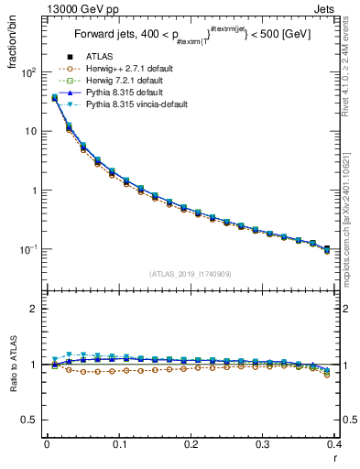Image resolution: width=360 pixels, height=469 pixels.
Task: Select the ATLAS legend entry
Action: [x=100, y=58]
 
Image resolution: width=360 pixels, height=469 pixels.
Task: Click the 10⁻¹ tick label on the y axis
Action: [x=28, y=250]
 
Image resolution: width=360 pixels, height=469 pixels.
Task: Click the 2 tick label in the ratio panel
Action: [x=35, y=309]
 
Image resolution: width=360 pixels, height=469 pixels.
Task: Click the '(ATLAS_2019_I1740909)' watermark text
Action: [x=191, y=273]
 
